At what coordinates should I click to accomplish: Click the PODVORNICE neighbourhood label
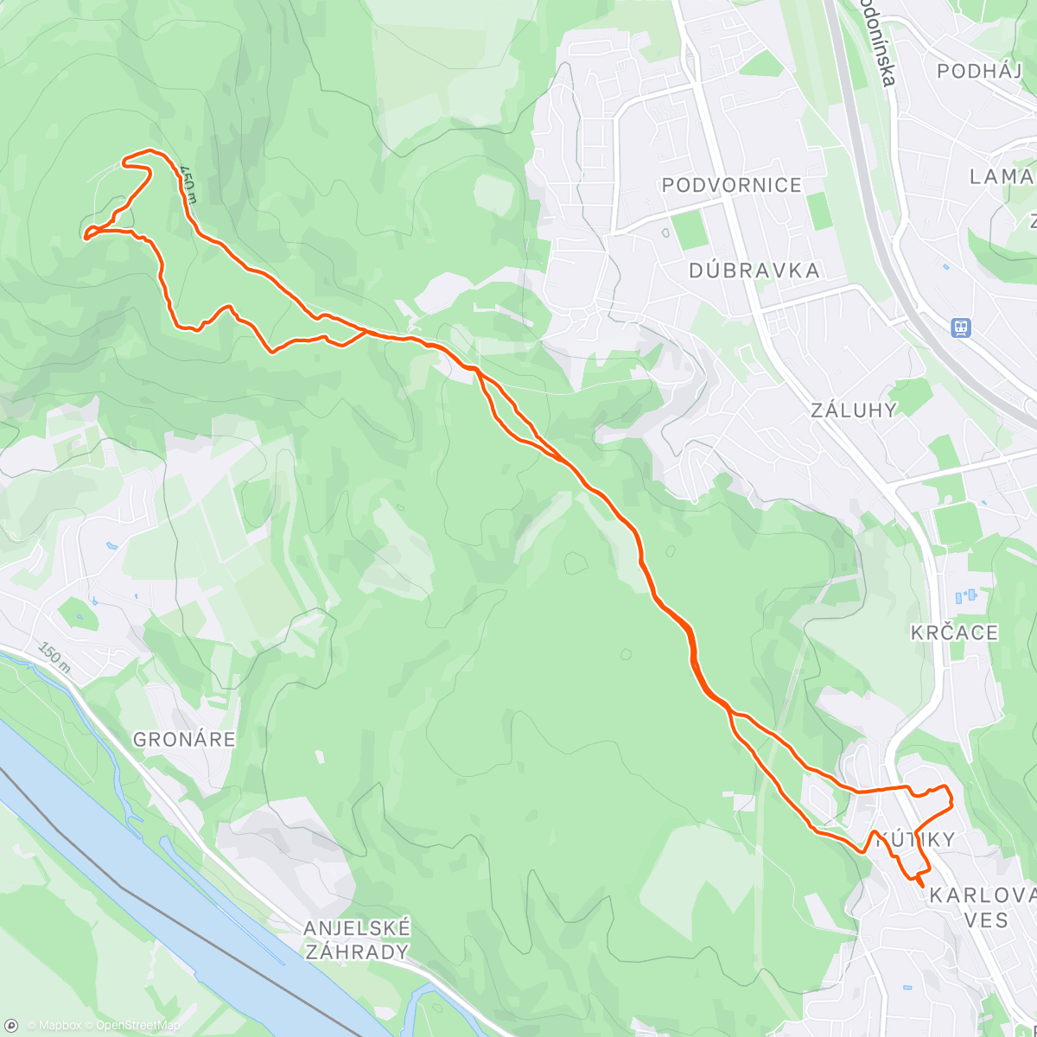coord(731,185)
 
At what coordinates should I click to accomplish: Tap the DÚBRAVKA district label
coord(754,270)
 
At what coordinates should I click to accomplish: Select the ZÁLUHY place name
coord(854,410)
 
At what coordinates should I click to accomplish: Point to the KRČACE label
coord(954,633)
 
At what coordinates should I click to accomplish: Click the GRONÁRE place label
coord(184,740)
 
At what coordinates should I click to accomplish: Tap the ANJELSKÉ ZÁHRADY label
coord(357,940)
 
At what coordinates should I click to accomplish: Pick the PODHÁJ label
coord(979,71)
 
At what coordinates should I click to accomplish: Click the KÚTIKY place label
coord(916,839)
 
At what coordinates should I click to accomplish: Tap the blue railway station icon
coord(960,328)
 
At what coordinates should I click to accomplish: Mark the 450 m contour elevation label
coord(188,183)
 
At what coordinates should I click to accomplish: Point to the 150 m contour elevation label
coord(54,658)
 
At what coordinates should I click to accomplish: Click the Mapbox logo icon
coord(11,1026)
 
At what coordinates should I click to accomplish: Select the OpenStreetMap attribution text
coord(137,1026)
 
